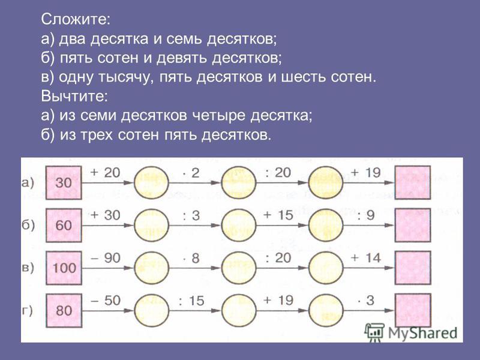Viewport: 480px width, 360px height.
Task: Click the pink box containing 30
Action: tap(64, 183)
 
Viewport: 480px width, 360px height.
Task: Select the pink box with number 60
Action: tap(64, 226)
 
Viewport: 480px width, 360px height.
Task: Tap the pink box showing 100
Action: tap(64, 268)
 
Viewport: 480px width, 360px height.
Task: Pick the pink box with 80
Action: tap(64, 310)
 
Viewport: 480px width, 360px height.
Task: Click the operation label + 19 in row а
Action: tap(366, 173)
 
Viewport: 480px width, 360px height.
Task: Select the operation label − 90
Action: tap(106, 258)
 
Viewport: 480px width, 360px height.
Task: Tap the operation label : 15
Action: tap(191, 301)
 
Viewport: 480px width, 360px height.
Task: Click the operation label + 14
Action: tap(366, 258)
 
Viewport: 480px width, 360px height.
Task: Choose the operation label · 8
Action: tap(191, 258)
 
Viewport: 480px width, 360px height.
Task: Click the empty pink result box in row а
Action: tap(413, 182)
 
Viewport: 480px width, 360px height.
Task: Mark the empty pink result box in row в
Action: tap(413, 268)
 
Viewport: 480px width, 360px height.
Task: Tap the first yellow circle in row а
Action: tap(152, 183)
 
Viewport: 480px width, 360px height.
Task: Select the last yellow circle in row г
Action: tap(326, 310)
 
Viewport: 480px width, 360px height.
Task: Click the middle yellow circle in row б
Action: tap(239, 226)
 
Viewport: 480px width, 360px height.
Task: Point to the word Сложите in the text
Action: tap(76, 19)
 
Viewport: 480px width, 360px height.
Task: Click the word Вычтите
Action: tap(74, 96)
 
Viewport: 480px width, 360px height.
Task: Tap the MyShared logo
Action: tap(411, 332)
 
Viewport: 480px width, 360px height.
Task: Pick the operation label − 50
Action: tap(106, 301)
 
